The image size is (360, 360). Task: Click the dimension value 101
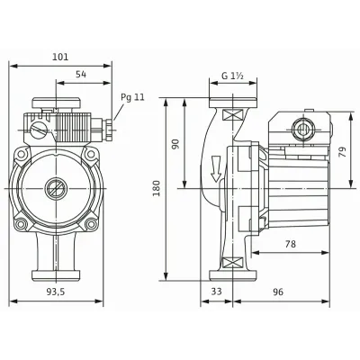tap(60, 57)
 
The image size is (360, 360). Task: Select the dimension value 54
tap(81, 75)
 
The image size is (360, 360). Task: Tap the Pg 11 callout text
tap(132, 97)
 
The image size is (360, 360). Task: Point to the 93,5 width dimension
tap(56, 292)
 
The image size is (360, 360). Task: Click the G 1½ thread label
tap(232, 76)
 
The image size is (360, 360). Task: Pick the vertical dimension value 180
tap(157, 188)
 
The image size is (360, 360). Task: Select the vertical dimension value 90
tap(175, 144)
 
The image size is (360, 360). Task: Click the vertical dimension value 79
tap(343, 152)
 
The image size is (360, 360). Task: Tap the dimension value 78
tap(290, 244)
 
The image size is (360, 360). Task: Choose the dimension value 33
tap(216, 292)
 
